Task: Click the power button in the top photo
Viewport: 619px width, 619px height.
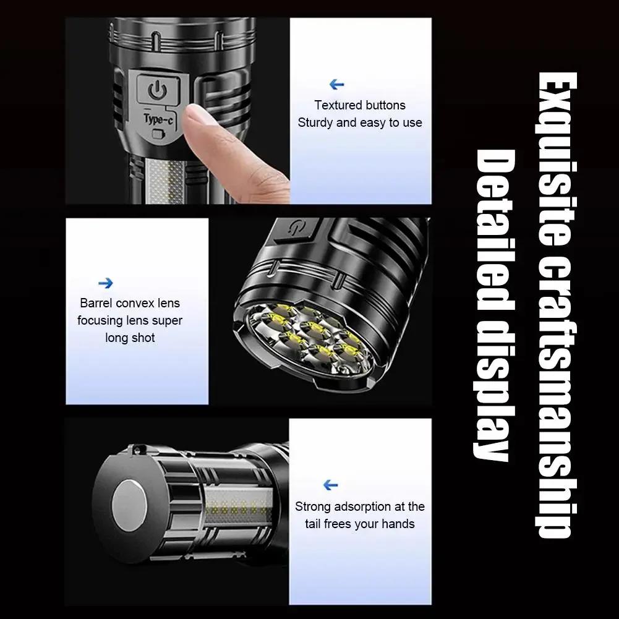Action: pos(158,90)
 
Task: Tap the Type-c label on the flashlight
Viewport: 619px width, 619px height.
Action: pos(158,119)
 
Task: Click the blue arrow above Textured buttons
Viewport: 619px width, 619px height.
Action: pos(337,84)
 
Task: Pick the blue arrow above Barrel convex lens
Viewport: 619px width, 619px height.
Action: pos(105,283)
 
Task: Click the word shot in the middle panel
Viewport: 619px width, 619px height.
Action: pos(143,338)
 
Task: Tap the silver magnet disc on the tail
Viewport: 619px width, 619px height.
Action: pos(129,505)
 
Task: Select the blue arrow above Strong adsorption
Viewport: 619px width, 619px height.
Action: pos(330,485)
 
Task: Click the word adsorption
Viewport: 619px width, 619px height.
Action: pos(358,506)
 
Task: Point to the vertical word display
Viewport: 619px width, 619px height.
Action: pos(493,390)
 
